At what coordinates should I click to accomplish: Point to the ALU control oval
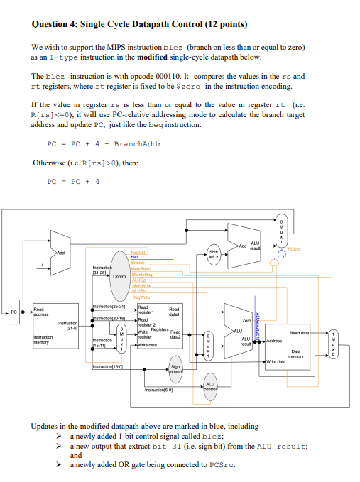pos(210,386)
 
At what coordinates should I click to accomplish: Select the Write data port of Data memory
pos(279,361)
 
